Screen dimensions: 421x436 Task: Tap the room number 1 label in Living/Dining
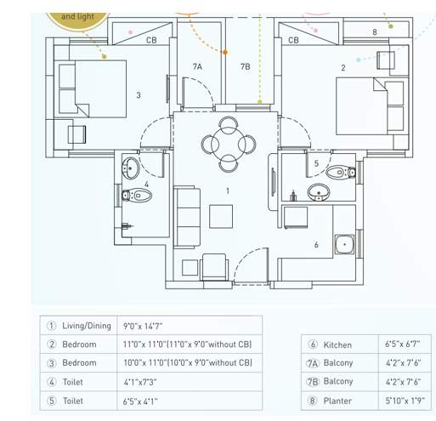[228, 191]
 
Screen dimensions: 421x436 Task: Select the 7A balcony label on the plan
[197, 66]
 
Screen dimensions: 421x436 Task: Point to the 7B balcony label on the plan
[245, 66]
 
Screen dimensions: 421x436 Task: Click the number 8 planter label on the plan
[374, 32]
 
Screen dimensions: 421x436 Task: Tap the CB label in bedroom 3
[151, 40]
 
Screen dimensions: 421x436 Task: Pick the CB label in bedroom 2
[293, 40]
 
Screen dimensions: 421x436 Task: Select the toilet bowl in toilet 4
[140, 196]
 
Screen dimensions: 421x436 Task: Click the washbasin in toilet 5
[316, 191]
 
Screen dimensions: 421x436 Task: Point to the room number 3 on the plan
[139, 95]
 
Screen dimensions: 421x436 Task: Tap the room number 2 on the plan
[343, 68]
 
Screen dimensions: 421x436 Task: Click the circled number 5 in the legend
[51, 401]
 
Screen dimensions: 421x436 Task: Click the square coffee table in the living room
[221, 218]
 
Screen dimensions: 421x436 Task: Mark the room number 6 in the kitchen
[316, 245]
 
